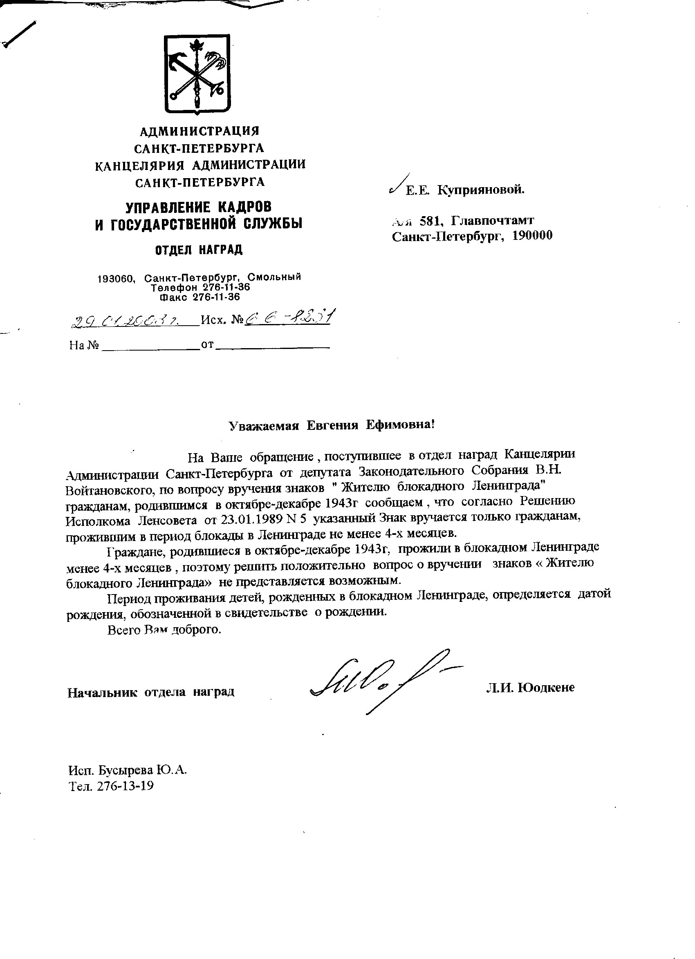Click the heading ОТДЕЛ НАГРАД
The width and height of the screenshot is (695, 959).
tap(199, 250)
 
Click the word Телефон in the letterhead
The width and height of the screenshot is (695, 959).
tap(170, 288)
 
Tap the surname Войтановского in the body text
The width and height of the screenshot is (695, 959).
tap(106, 487)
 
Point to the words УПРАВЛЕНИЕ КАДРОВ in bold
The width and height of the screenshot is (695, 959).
tap(198, 207)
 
